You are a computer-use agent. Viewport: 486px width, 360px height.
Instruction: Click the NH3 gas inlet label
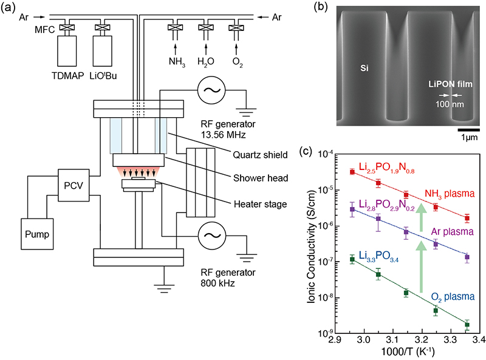(176, 61)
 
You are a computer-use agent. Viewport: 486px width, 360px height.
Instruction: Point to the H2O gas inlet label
(207, 61)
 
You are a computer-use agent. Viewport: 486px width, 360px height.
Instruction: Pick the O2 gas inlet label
(237, 61)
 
